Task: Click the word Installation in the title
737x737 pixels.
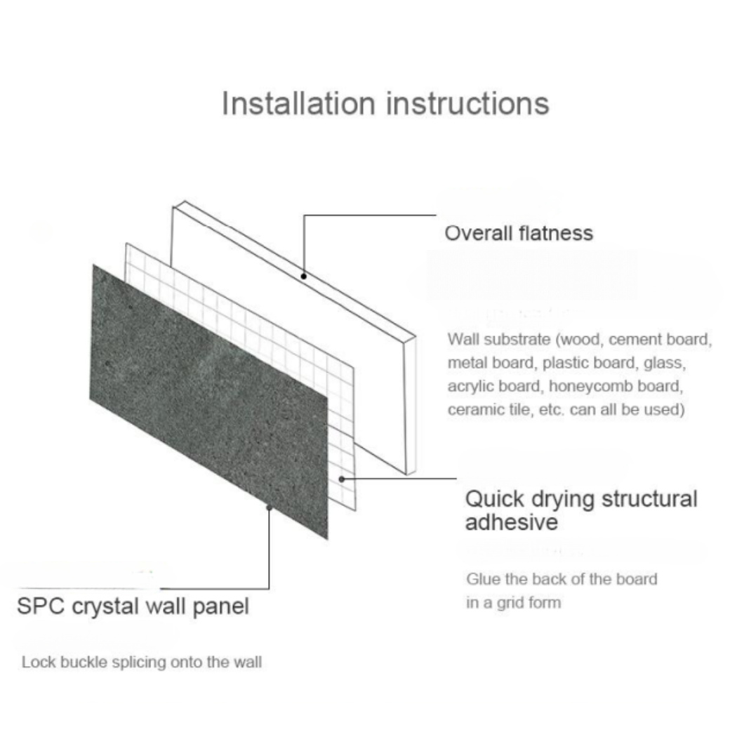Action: pos(298,103)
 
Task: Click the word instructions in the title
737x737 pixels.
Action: pos(467,103)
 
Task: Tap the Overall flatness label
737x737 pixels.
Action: pos(519,233)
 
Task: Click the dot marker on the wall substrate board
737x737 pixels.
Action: pos(304,277)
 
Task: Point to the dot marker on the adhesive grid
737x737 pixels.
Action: pos(342,479)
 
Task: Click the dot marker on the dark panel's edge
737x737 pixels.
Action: pos(270,507)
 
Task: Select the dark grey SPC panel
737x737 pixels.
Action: pos(209,402)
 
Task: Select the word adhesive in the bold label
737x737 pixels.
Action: pos(512,522)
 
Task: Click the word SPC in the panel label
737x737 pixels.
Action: pos(41,606)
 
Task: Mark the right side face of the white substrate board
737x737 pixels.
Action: pos(411,405)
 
